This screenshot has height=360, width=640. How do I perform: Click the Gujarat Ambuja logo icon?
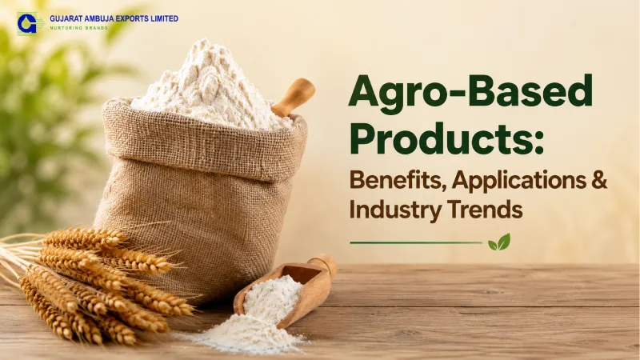point(28,23)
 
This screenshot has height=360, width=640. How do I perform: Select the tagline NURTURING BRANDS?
point(78,28)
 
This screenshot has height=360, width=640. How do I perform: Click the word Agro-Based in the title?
point(470,90)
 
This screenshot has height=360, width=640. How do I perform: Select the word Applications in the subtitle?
point(518,181)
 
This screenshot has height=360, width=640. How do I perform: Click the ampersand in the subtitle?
point(599,180)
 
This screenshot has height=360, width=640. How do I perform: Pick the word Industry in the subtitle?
point(395,210)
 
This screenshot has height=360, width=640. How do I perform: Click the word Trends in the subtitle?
point(485,210)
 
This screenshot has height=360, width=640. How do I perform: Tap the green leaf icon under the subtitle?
point(499,242)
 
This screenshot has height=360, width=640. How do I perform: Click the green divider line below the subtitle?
point(416,243)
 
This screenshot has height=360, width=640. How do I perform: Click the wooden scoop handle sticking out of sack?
point(294,97)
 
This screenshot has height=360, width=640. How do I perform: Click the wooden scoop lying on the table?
point(286,290)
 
